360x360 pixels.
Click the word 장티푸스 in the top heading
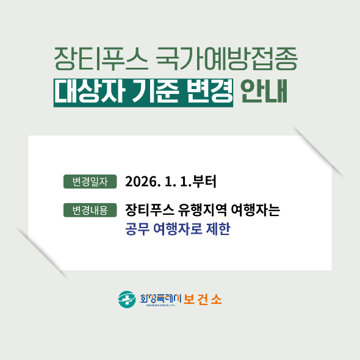pos(101,59)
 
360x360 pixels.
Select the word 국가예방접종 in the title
pos(226,59)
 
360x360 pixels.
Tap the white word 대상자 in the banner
pos(90,92)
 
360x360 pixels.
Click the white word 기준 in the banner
pos(156,92)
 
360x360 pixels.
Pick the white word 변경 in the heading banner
pos(209,92)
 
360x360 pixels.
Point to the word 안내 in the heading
pos(264,92)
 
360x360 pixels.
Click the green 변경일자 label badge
pos(90,182)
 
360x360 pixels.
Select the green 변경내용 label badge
pos(90,210)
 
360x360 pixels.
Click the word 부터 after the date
pos(204,182)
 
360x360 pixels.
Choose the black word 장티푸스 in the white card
pos(149,210)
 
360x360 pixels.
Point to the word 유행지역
pos(203,210)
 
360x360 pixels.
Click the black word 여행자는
pos(256,210)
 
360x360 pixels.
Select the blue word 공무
pos(137,229)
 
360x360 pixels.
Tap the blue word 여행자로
pos(178,229)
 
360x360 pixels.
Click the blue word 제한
pos(218,229)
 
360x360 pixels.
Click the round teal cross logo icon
pos(127,300)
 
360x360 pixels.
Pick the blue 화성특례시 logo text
pos(160,298)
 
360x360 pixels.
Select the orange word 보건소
pos(203,300)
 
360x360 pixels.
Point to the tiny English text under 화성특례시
pos(160,305)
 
